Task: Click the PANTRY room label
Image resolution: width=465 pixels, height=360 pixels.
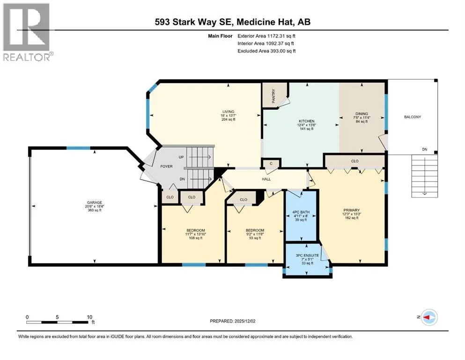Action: click(273, 96)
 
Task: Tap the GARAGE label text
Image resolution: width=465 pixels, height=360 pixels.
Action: click(95, 202)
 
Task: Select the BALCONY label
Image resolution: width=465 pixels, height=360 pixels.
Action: click(413, 117)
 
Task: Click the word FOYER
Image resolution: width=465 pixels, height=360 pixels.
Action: click(166, 166)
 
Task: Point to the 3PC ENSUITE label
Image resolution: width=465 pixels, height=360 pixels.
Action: click(307, 255)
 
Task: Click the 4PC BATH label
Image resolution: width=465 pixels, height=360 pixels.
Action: click(301, 212)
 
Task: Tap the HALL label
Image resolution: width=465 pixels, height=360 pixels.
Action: click(266, 179)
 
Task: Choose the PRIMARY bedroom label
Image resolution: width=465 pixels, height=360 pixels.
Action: click(352, 210)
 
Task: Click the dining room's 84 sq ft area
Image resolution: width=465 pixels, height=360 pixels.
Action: click(362, 121)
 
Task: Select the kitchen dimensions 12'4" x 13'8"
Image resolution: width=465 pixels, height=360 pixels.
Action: click(307, 125)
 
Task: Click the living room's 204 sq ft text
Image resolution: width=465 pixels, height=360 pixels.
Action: click(229, 120)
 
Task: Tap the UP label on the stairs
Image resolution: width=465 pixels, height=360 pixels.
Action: click(181, 157)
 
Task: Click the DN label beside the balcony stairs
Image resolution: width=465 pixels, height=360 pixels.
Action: click(425, 149)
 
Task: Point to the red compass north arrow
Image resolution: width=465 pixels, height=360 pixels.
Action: click(427, 317)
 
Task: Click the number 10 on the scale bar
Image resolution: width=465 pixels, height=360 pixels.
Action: click(89, 317)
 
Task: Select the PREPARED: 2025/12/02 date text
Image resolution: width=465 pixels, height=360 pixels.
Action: click(232, 321)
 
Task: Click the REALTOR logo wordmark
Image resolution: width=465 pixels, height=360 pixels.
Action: click(27, 57)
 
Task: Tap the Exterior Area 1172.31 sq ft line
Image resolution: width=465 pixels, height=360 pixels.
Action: click(266, 36)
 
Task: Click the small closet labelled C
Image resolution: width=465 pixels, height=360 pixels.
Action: click(271, 163)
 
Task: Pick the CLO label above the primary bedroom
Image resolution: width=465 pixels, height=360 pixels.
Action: click(354, 161)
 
